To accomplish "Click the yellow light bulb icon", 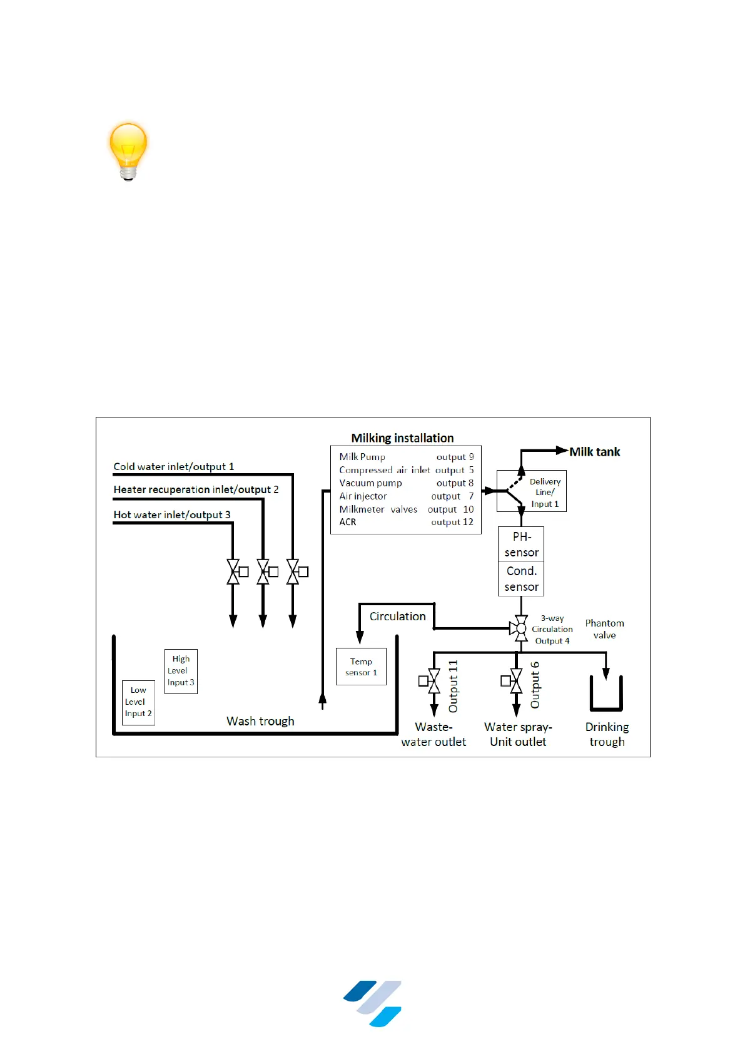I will [x=128, y=151].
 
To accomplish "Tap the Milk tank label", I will [x=594, y=452].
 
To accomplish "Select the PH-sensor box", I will [x=521, y=545].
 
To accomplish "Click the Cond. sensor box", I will [x=521, y=579].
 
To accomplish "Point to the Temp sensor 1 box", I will [x=361, y=667].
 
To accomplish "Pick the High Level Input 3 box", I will [x=181, y=671].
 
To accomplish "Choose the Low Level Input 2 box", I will [x=138, y=702].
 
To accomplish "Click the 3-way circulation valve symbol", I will [x=520, y=628].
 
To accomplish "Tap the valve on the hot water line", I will [x=233, y=571].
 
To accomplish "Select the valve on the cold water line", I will [x=293, y=571].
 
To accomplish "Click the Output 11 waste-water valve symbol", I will [x=433, y=681].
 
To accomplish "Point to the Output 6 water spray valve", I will [x=516, y=681].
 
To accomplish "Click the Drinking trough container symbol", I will [x=606, y=695].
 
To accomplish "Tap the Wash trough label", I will [x=260, y=721].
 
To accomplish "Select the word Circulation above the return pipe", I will [x=397, y=617].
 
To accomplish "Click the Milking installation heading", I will [x=402, y=438].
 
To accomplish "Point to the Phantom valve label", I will [x=604, y=629].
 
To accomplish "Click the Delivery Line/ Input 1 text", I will [x=545, y=493].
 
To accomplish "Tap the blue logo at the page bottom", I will [x=373, y=1003].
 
